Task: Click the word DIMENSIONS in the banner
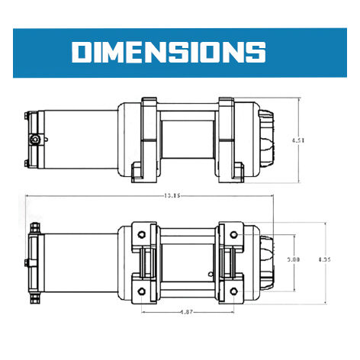tap(169, 51)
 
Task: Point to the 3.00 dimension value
tap(293, 259)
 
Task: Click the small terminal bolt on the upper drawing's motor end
tap(36, 140)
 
